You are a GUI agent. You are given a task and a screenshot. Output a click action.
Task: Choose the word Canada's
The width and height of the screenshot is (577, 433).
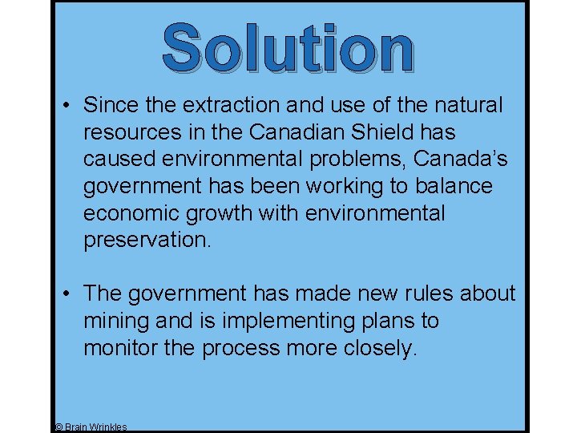(x=460, y=160)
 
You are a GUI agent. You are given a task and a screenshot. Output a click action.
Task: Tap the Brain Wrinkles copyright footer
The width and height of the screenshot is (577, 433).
(x=90, y=427)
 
